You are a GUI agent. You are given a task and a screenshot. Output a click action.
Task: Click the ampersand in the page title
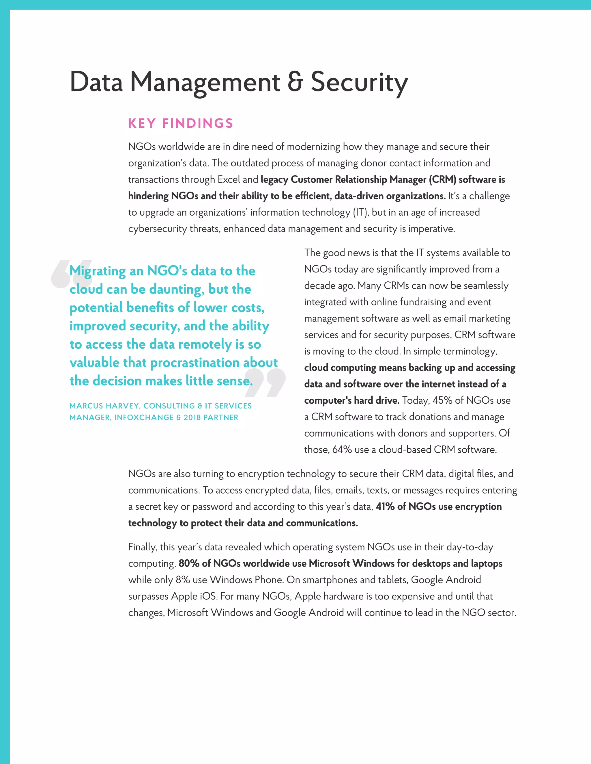295,82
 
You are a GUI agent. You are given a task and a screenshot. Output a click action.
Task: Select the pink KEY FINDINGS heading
180,123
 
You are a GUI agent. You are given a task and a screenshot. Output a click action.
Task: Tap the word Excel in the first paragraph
229,179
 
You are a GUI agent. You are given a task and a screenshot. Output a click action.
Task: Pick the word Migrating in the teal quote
98,271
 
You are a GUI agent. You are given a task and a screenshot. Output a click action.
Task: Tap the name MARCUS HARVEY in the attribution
105,406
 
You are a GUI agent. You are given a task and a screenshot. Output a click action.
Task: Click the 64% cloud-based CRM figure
342,449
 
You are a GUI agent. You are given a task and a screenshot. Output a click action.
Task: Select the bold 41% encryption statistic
385,507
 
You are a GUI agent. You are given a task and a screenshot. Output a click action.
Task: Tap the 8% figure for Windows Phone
182,580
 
